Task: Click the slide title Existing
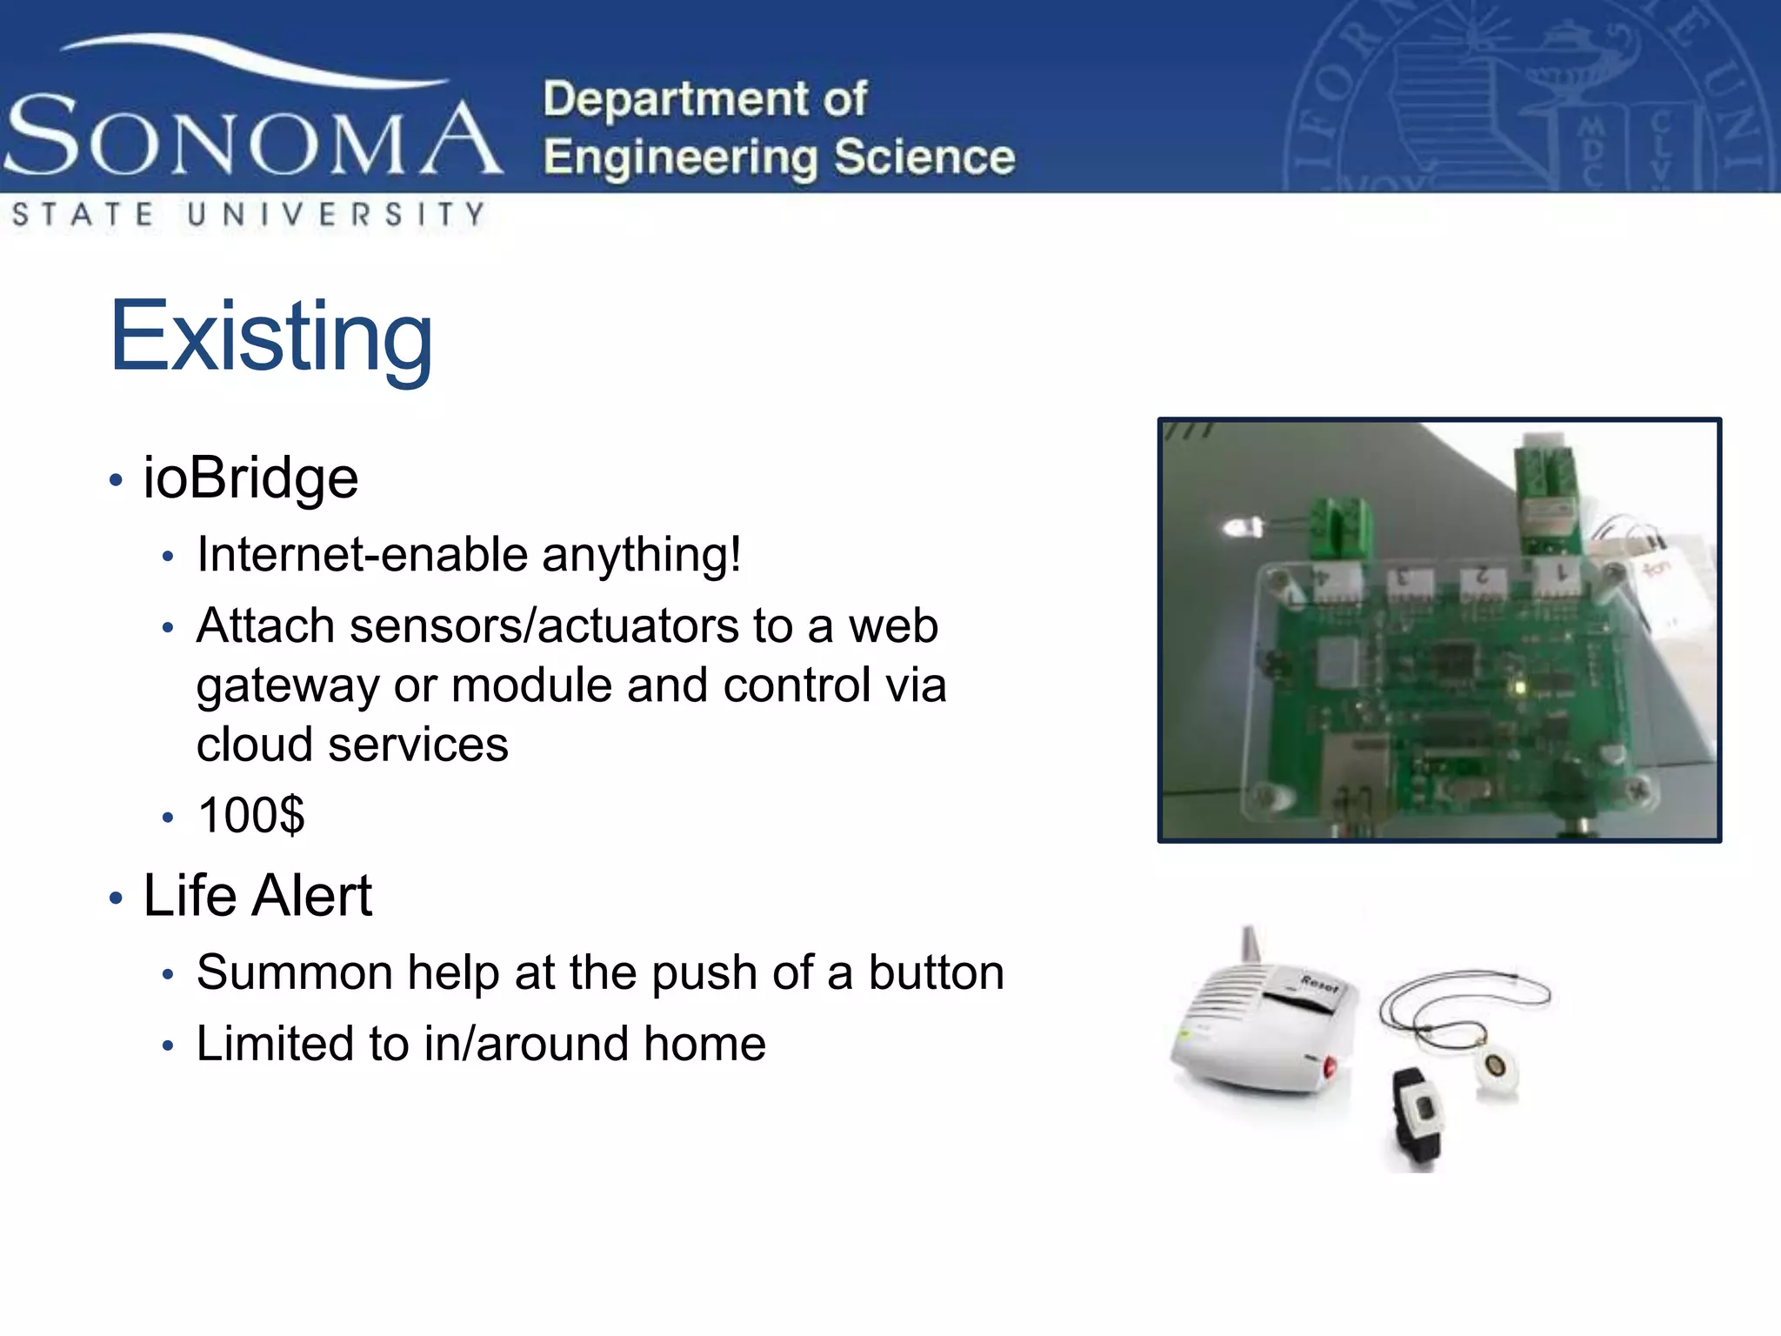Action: (x=270, y=337)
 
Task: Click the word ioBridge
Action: (x=250, y=478)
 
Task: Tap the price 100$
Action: (x=251, y=815)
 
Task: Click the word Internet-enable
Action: (x=361, y=554)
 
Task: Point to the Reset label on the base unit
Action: (x=1319, y=985)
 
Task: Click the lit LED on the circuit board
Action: (x=1520, y=688)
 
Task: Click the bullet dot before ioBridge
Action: (x=117, y=480)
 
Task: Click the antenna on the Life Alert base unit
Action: (x=1251, y=943)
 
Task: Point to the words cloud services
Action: (x=352, y=744)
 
